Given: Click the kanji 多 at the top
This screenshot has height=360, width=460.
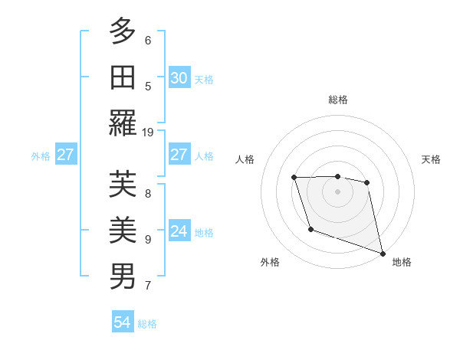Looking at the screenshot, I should click(123, 31).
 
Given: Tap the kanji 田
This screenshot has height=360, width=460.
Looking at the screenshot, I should click(123, 77).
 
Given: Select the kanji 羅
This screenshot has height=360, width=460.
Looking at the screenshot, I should click(123, 123).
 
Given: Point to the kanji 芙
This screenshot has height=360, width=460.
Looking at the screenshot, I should click(123, 184).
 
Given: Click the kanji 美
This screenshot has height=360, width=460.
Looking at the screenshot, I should click(123, 230).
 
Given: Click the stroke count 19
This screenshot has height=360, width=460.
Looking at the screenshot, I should click(148, 132).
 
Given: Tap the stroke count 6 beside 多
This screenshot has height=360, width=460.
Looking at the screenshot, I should click(148, 40).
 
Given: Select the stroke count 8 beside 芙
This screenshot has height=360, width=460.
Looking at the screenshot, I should click(148, 193).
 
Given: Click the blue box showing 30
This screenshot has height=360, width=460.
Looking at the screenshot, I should click(179, 77).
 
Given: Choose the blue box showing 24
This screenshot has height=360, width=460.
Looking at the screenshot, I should click(179, 231).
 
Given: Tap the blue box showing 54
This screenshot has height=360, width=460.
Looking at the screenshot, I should click(122, 322).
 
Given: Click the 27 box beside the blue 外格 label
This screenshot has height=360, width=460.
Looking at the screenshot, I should click(65, 155).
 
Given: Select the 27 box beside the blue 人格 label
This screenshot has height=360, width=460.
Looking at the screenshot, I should click(179, 155).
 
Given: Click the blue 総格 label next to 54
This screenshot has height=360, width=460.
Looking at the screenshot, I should click(147, 324).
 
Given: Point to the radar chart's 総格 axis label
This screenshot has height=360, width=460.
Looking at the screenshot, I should click(337, 100).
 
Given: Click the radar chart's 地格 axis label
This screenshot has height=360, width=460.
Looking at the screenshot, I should click(402, 262).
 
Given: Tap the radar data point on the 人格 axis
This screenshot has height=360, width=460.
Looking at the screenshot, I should click(294, 178).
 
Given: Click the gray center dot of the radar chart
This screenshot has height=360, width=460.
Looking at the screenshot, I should click(337, 191).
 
